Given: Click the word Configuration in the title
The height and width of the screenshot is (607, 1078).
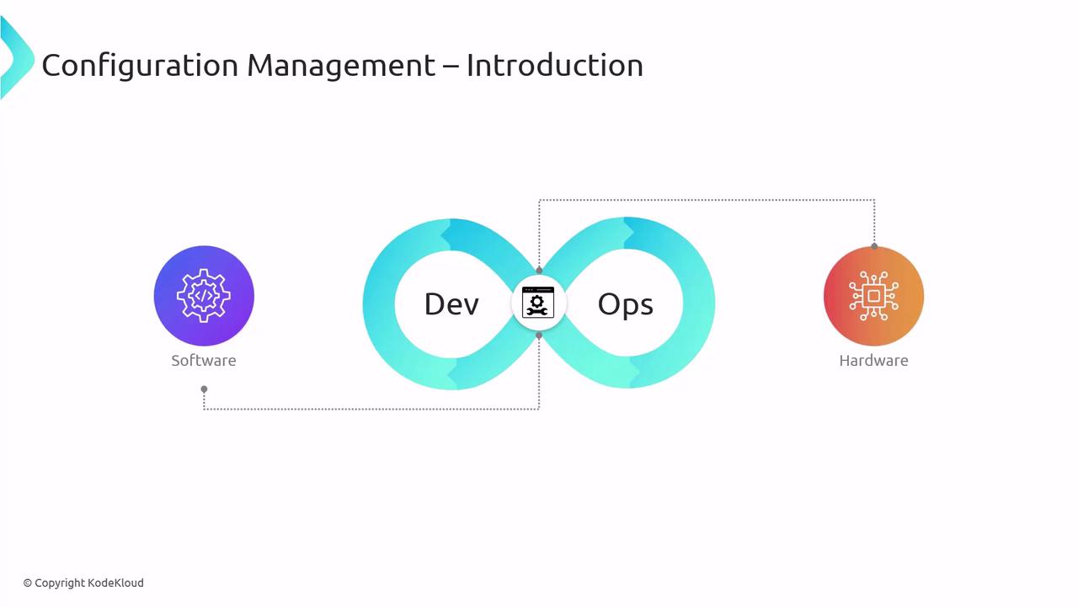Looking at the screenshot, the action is [x=140, y=66].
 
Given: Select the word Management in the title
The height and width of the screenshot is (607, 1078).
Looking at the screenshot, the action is [x=341, y=66].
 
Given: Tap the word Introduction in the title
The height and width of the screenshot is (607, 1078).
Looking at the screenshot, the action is [x=554, y=65].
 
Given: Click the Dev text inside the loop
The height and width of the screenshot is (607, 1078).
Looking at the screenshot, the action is [x=451, y=304].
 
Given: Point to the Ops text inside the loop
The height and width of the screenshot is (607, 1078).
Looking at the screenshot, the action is [x=625, y=305].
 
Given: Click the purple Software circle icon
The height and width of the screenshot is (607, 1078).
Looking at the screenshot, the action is [x=204, y=296].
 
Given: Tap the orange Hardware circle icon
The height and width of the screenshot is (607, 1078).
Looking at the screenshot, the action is [x=873, y=296].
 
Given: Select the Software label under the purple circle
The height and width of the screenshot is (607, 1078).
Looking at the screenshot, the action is [x=204, y=360].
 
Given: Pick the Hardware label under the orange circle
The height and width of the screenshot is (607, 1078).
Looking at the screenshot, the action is [x=873, y=360].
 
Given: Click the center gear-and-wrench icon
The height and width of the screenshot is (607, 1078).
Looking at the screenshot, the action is [x=538, y=303].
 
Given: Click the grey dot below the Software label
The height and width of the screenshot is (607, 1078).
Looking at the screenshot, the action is [x=204, y=389].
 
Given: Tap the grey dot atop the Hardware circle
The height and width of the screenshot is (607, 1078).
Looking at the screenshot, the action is [x=874, y=246].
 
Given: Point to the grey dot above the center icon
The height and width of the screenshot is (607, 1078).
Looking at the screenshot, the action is [x=539, y=271].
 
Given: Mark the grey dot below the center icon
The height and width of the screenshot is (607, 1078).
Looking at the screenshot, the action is [x=539, y=336].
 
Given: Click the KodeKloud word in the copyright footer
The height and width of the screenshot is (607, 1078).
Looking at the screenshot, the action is [x=115, y=583].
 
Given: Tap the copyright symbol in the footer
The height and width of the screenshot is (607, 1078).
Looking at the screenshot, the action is [x=28, y=583].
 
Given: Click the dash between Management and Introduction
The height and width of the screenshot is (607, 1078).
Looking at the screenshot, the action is [x=451, y=67].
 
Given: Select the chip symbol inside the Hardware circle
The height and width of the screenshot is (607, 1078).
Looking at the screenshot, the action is [x=873, y=296].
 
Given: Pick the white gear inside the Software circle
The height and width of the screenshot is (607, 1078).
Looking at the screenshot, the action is [x=204, y=295].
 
